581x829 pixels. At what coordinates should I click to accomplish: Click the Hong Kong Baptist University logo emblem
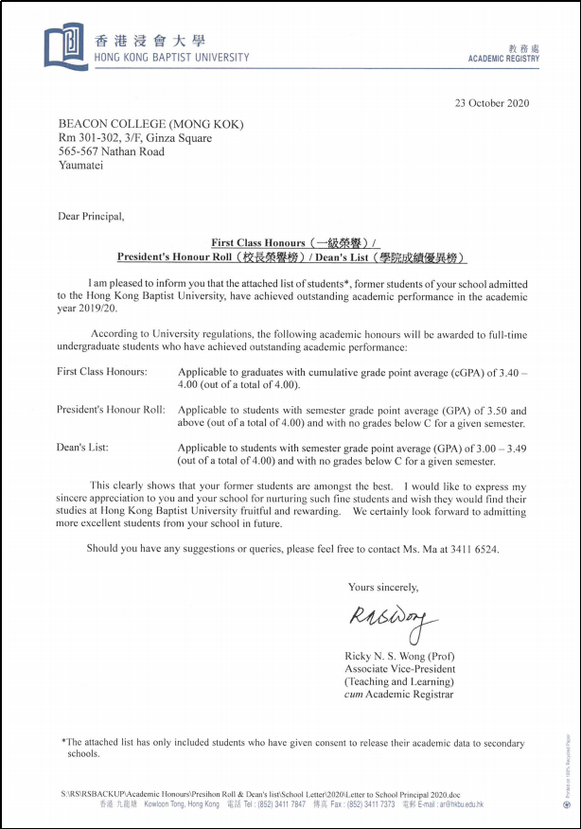coord(65,44)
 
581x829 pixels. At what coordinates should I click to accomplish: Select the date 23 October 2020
coord(492,103)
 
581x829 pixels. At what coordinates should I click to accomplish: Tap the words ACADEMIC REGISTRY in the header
coord(503,59)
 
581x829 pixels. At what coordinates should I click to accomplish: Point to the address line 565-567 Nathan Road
coord(112,151)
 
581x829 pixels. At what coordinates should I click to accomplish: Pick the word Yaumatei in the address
coord(81,165)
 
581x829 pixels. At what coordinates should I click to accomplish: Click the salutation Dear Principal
coord(91,216)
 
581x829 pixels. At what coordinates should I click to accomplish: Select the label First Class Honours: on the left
coord(102,372)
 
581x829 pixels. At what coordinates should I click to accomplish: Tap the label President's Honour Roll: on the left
coord(112,410)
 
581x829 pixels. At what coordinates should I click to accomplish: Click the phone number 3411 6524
coord(472,549)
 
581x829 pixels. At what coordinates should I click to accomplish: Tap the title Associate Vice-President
coord(399,669)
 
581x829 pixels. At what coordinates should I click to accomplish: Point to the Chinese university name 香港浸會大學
coord(150,42)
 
